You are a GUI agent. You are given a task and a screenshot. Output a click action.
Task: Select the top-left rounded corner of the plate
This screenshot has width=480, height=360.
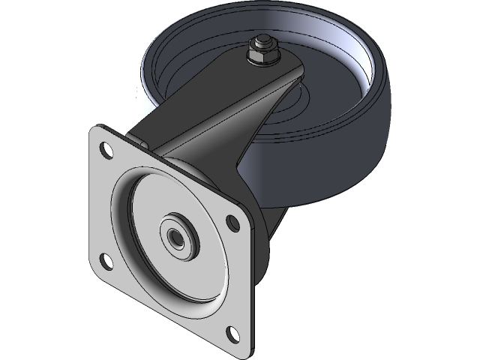click(x=94, y=130)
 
